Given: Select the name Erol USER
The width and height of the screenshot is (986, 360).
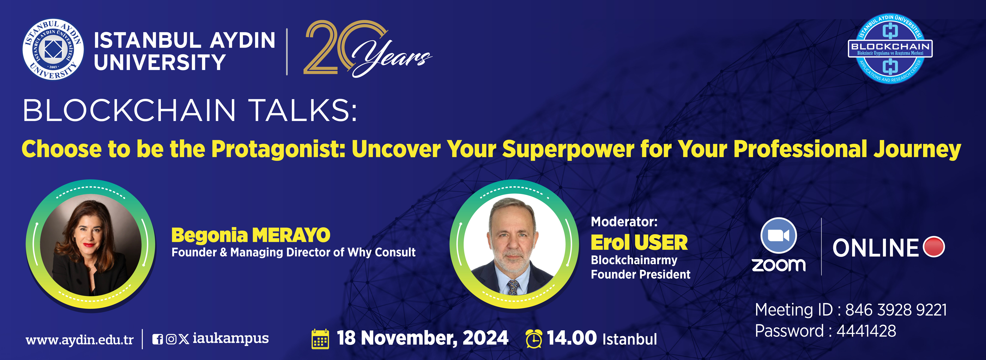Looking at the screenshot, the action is (x=639, y=243).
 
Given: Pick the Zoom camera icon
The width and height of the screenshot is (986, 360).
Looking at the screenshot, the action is (x=779, y=235).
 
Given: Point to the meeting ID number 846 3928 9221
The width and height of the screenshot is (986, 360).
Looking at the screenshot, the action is (x=896, y=310).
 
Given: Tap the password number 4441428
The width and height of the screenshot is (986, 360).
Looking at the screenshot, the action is (x=866, y=331).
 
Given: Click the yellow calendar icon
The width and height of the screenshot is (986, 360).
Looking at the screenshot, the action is (x=320, y=339).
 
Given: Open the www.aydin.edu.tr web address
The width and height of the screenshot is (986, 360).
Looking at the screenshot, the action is (x=80, y=340).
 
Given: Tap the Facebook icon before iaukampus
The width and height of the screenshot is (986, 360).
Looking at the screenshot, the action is (x=157, y=339).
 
